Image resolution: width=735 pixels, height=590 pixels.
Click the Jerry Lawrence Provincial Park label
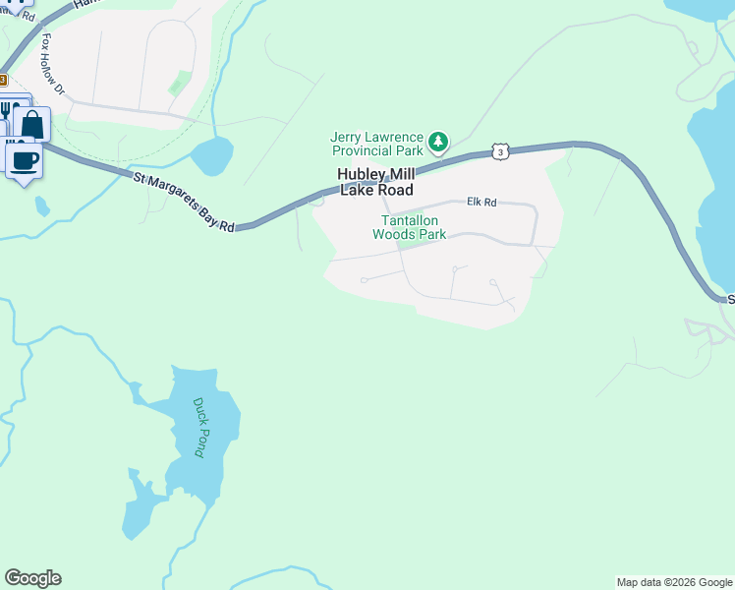pos(377,144)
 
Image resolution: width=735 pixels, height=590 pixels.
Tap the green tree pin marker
pos(438,144)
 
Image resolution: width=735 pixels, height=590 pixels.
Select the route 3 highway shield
pos(501,151)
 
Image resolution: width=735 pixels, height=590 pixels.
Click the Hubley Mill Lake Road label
pos(374,182)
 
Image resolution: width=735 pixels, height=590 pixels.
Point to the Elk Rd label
pos(481,202)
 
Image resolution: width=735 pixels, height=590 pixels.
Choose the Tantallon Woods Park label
pos(409,227)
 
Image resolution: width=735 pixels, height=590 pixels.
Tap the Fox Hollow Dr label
pos(53,67)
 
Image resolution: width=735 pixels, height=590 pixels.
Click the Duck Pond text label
pos(199,427)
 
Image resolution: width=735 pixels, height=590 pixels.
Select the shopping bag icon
pos(32,125)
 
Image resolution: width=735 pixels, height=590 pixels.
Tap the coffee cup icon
pos(25,159)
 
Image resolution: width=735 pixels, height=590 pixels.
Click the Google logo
pos(32,578)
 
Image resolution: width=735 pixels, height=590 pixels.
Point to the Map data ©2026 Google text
pos(674,582)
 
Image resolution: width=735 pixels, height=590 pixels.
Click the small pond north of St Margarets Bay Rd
pos(211,155)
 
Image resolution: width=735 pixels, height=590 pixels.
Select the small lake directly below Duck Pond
pos(142,511)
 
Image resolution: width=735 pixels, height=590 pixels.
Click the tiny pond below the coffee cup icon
pos(41,206)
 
